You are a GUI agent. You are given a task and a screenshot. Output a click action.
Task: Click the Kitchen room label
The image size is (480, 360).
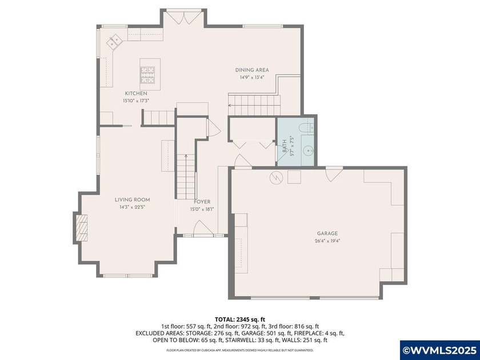pos(136,93)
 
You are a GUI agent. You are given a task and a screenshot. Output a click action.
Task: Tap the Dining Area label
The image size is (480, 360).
pos(252,70)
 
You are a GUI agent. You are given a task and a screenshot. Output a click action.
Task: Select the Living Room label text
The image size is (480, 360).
pos(132,199)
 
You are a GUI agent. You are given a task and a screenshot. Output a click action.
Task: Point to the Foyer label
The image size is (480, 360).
pos(202,202)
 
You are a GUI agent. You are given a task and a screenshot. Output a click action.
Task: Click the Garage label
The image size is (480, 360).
pos(327,233)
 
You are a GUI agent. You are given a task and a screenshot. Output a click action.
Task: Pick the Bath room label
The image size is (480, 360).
pos(284,146)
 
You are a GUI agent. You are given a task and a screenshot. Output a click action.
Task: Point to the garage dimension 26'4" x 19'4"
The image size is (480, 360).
pos(327,241)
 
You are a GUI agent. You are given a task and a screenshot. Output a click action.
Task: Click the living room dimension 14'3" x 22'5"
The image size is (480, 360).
pos(132,207)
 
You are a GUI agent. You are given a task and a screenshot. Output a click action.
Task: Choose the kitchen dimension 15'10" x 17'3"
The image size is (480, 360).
pos(136,101)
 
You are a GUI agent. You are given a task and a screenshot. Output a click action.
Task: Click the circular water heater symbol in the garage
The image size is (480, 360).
pos(275,178)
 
